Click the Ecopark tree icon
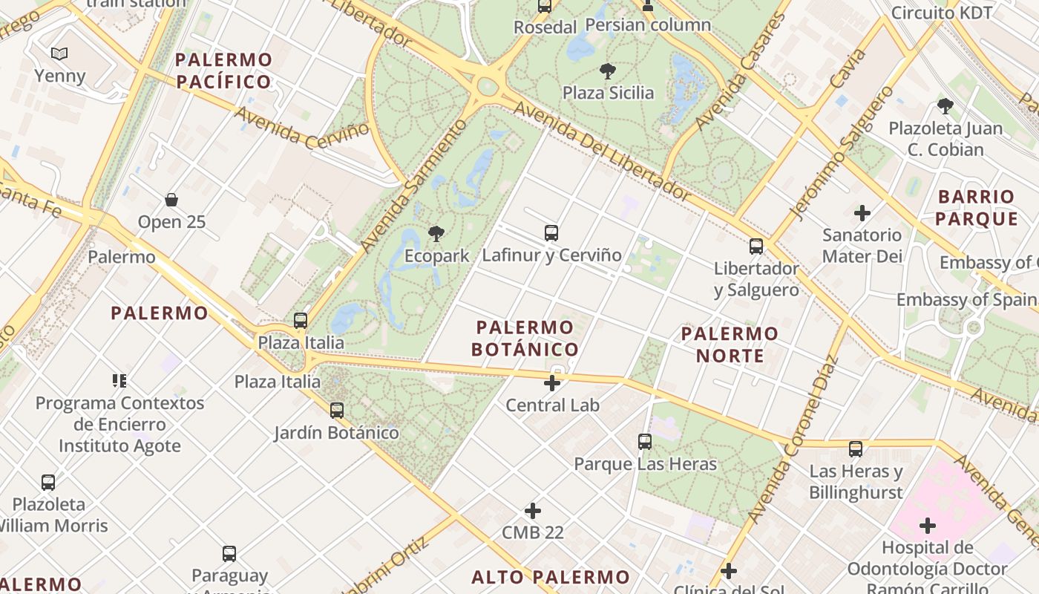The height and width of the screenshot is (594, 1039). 436,235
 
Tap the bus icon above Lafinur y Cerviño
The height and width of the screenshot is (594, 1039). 551,233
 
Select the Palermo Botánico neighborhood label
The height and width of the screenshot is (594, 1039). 527,338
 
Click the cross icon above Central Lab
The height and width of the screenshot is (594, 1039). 552,383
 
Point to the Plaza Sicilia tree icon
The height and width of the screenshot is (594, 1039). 608,71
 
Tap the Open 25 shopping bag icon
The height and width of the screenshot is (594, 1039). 171,200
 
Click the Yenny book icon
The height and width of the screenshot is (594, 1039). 59,53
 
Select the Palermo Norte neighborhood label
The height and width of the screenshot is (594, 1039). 730,345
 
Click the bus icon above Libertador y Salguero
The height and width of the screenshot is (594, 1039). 756,247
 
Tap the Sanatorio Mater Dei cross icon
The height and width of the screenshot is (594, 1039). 862,213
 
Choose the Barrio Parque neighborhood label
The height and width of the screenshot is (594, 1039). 976,207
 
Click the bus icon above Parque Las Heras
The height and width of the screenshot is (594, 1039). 644,442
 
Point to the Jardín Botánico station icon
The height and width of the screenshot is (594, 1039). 337,410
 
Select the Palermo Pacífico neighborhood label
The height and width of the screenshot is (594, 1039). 223,71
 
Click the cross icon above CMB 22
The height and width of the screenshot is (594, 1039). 532,511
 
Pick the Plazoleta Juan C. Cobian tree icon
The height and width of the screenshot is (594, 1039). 945,106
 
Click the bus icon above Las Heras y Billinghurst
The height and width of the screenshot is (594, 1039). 856,448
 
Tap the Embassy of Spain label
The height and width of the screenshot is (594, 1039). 966,299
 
